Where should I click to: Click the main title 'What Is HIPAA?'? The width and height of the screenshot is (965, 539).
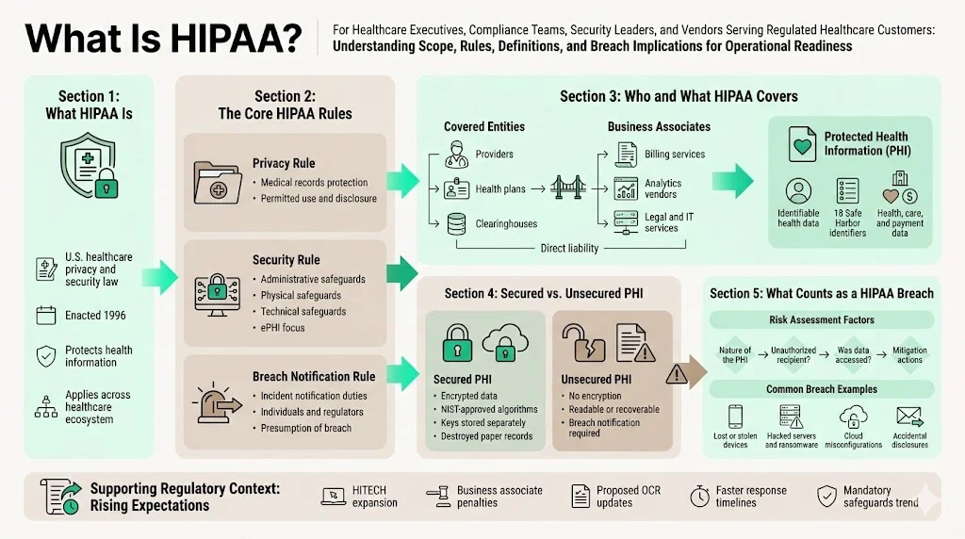[163, 39]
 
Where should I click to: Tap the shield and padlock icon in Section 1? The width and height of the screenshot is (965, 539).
[89, 165]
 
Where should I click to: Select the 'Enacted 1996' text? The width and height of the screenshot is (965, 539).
[95, 316]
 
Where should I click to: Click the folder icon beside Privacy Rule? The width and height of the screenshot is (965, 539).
[217, 183]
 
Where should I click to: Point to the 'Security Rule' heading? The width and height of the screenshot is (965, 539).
[286, 260]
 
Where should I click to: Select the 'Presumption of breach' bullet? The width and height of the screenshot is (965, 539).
[305, 428]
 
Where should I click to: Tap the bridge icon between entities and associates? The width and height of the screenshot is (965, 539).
[568, 188]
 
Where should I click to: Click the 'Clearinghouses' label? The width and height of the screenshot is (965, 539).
[507, 224]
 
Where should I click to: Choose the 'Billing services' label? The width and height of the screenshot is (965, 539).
[675, 155]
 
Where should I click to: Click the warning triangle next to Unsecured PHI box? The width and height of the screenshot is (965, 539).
[677, 374]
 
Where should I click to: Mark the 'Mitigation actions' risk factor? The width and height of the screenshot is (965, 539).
[909, 355]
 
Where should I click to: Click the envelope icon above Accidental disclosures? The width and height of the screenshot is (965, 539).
[908, 416]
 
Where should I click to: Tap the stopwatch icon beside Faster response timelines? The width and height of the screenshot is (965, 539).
[699, 496]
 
